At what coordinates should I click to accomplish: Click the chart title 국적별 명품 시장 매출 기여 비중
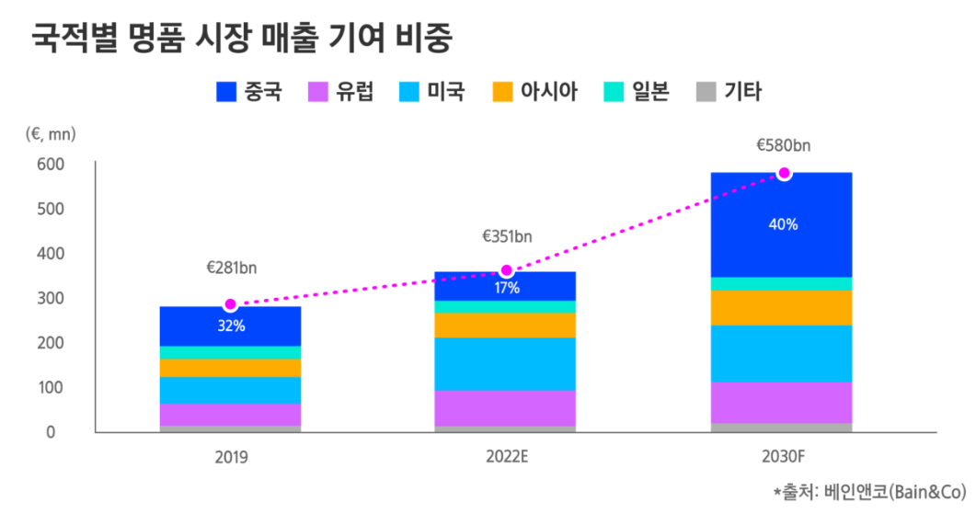point(245,39)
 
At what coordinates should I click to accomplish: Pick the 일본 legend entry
point(636,92)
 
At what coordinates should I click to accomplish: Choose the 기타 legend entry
point(729,92)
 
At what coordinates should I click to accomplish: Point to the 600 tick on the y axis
point(51,164)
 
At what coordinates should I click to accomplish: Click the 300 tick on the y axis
point(51,298)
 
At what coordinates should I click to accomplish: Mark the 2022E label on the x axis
point(505,456)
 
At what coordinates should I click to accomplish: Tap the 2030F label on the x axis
point(782,456)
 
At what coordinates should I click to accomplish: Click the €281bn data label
point(231,268)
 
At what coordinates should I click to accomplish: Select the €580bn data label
point(783,145)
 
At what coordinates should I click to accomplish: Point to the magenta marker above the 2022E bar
point(506,271)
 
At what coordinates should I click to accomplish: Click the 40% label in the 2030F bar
point(784,224)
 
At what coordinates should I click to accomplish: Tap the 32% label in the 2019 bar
point(231,326)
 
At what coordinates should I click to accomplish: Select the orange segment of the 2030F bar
point(781,308)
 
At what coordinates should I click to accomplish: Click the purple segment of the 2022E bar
point(505,408)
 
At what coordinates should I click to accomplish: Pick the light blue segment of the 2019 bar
point(230,390)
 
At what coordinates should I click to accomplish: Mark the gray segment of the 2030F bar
point(781,427)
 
